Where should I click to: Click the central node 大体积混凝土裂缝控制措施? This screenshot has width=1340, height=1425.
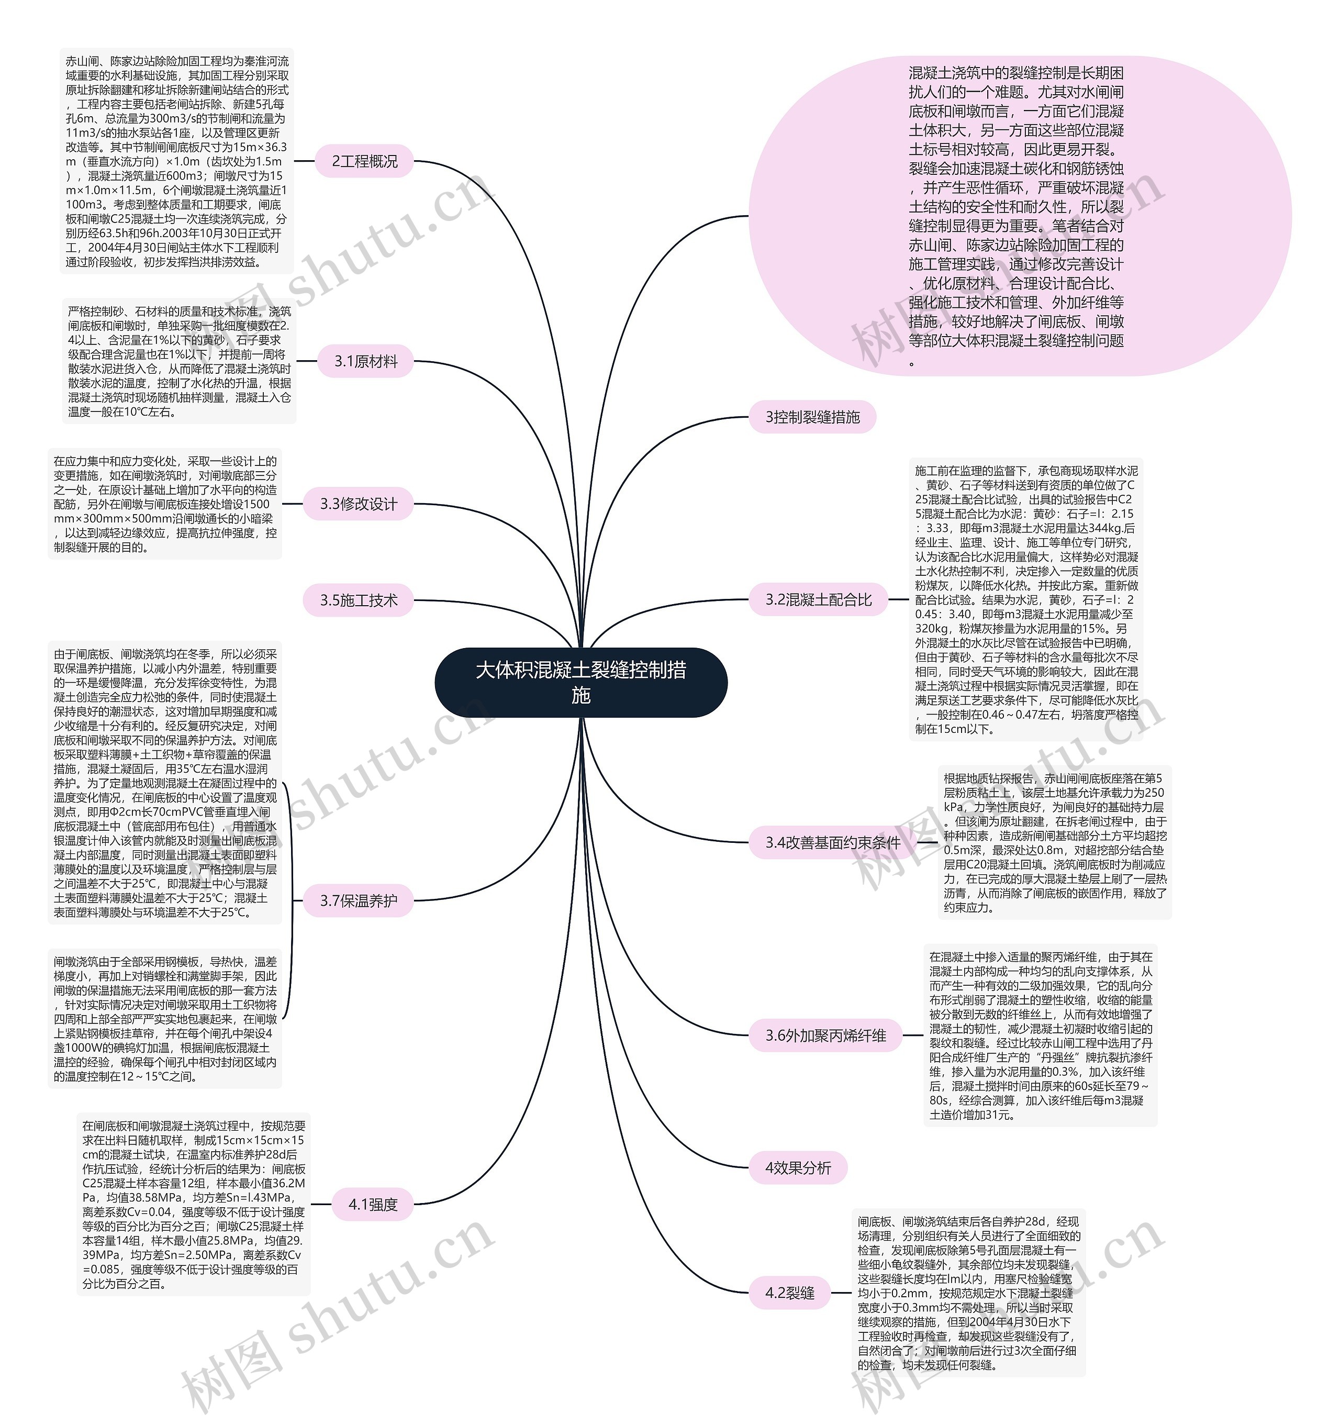580,682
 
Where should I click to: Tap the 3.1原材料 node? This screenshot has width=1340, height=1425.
365,361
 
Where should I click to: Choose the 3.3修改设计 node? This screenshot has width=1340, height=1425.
358,504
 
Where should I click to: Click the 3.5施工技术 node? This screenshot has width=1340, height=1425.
358,600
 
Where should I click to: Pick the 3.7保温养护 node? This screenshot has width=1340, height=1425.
358,900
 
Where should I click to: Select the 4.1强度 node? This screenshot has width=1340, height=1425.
373,1204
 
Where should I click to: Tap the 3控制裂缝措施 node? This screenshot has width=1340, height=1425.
812,417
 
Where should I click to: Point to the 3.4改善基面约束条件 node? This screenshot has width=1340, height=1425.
833,843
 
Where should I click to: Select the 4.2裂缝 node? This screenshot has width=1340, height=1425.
790,1293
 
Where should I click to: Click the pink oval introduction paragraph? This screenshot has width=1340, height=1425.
1018,215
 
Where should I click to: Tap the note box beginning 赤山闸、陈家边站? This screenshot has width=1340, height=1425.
177,161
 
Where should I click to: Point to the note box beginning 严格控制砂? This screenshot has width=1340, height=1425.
179,361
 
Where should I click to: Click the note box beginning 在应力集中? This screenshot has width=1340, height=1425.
165,504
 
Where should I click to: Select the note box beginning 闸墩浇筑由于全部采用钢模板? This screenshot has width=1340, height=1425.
165,1018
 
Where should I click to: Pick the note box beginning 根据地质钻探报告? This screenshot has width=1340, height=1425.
1055,843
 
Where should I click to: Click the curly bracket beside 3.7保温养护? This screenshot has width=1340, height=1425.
291,900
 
